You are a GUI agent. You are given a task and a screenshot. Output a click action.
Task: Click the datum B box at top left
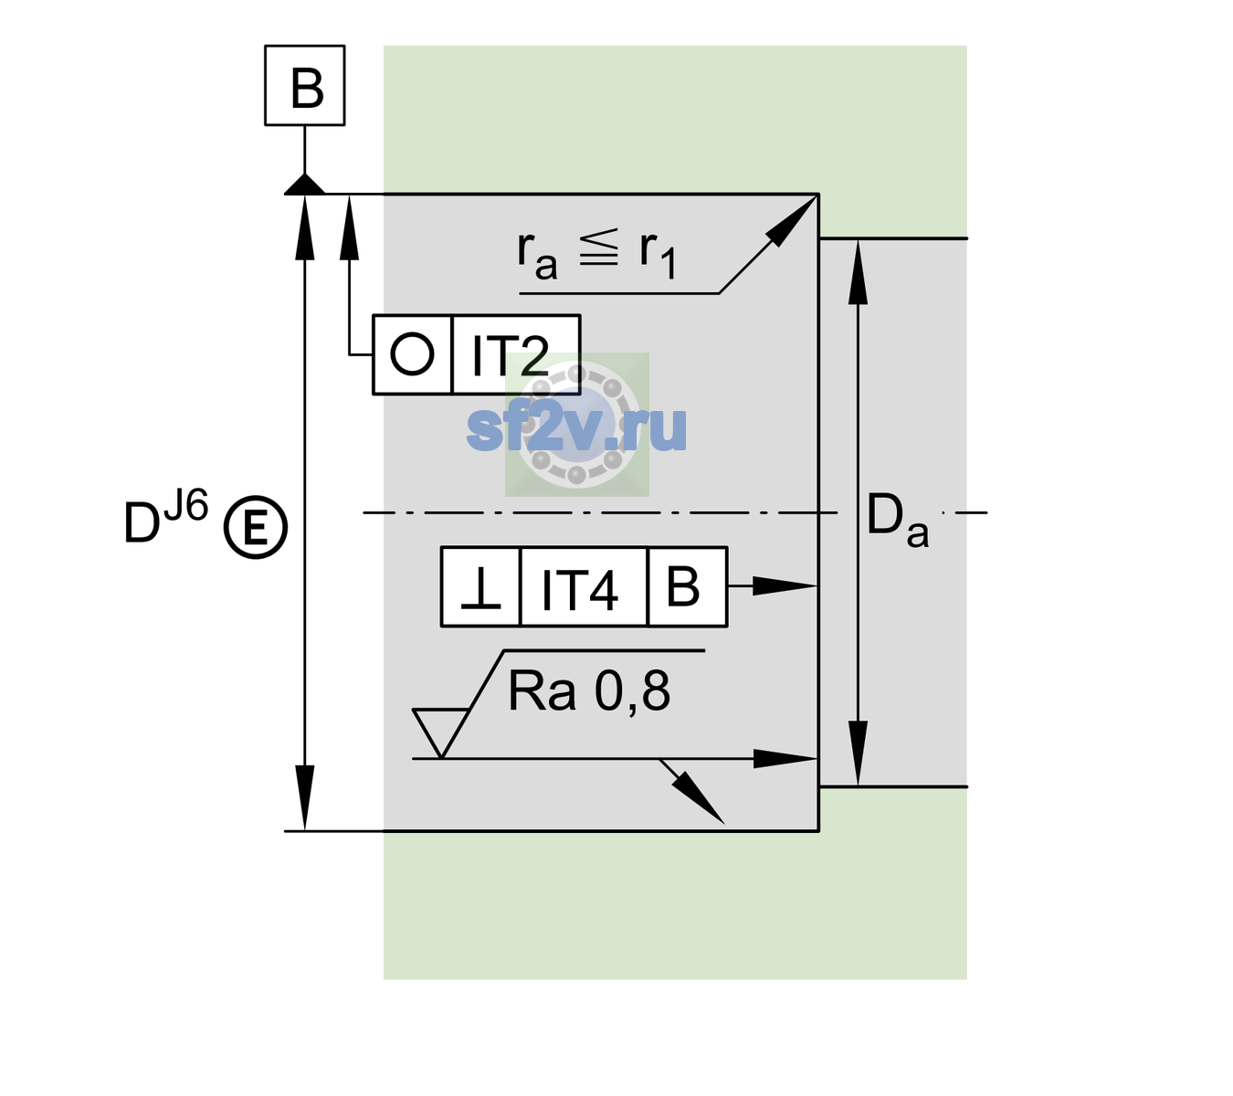click(304, 85)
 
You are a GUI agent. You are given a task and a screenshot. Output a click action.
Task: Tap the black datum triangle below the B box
click(304, 185)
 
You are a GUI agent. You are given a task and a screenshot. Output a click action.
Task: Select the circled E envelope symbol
click(256, 527)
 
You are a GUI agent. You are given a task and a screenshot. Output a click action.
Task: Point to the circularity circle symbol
click(412, 354)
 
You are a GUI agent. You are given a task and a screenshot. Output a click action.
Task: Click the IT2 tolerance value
click(510, 355)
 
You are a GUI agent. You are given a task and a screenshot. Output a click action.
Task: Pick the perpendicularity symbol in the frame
click(480, 588)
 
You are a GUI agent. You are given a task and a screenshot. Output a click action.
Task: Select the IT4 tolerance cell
click(584, 587)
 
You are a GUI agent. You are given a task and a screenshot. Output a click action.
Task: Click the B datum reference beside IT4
click(683, 586)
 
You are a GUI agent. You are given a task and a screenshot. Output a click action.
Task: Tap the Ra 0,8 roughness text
click(589, 691)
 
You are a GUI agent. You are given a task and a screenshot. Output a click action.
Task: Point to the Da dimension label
click(897, 519)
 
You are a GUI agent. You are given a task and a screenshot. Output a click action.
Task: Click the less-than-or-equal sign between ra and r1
click(598, 248)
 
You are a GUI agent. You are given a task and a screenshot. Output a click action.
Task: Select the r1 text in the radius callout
click(658, 255)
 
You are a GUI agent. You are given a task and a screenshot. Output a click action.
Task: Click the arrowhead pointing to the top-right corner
click(791, 221)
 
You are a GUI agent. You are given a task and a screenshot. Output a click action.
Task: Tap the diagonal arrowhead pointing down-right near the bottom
click(699, 798)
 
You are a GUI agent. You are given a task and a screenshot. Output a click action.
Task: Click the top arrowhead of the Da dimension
click(859, 272)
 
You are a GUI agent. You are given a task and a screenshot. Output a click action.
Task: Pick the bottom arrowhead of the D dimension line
click(304, 797)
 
